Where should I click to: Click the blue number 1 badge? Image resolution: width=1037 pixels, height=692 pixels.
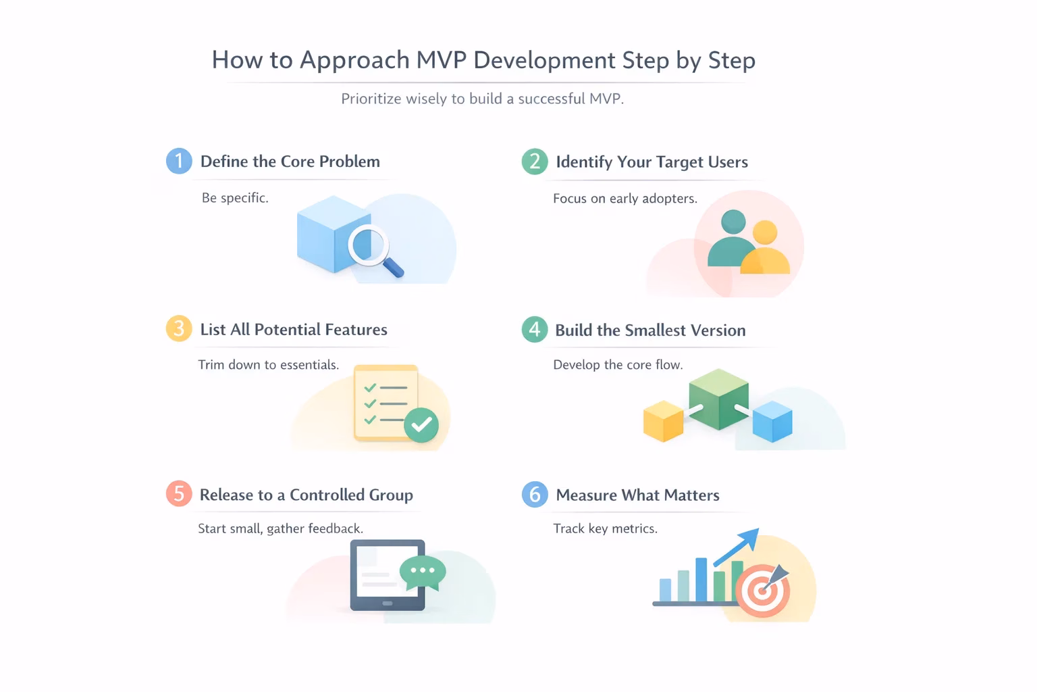click(x=179, y=161)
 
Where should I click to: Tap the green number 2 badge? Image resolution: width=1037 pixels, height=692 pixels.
click(x=535, y=162)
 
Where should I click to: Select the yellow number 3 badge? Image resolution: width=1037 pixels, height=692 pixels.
click(x=179, y=328)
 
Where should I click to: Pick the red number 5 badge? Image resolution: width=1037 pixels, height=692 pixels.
click(x=179, y=493)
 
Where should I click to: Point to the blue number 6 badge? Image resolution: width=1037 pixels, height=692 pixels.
click(x=535, y=494)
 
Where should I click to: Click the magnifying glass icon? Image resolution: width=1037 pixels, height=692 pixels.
click(x=375, y=250)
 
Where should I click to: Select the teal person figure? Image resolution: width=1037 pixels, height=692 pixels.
click(x=731, y=239)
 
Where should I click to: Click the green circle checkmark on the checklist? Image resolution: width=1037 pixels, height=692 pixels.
click(x=421, y=424)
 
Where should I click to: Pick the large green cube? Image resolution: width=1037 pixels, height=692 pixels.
click(x=718, y=399)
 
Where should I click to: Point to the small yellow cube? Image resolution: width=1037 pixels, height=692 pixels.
click(x=664, y=421)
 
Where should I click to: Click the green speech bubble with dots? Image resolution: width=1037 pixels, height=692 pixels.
click(x=423, y=573)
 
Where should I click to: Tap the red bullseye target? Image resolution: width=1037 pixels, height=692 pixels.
click(x=762, y=591)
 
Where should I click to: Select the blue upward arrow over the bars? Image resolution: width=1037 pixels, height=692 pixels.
click(x=736, y=547)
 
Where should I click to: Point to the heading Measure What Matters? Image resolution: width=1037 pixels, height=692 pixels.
click(x=637, y=495)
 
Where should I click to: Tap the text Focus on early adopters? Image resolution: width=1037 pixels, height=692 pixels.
click(x=625, y=199)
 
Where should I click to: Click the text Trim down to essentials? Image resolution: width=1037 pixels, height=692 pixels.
click(x=269, y=365)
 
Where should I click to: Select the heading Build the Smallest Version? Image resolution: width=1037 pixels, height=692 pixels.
click(x=650, y=330)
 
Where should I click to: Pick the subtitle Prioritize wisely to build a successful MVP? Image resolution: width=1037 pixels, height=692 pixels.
click(x=483, y=99)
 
